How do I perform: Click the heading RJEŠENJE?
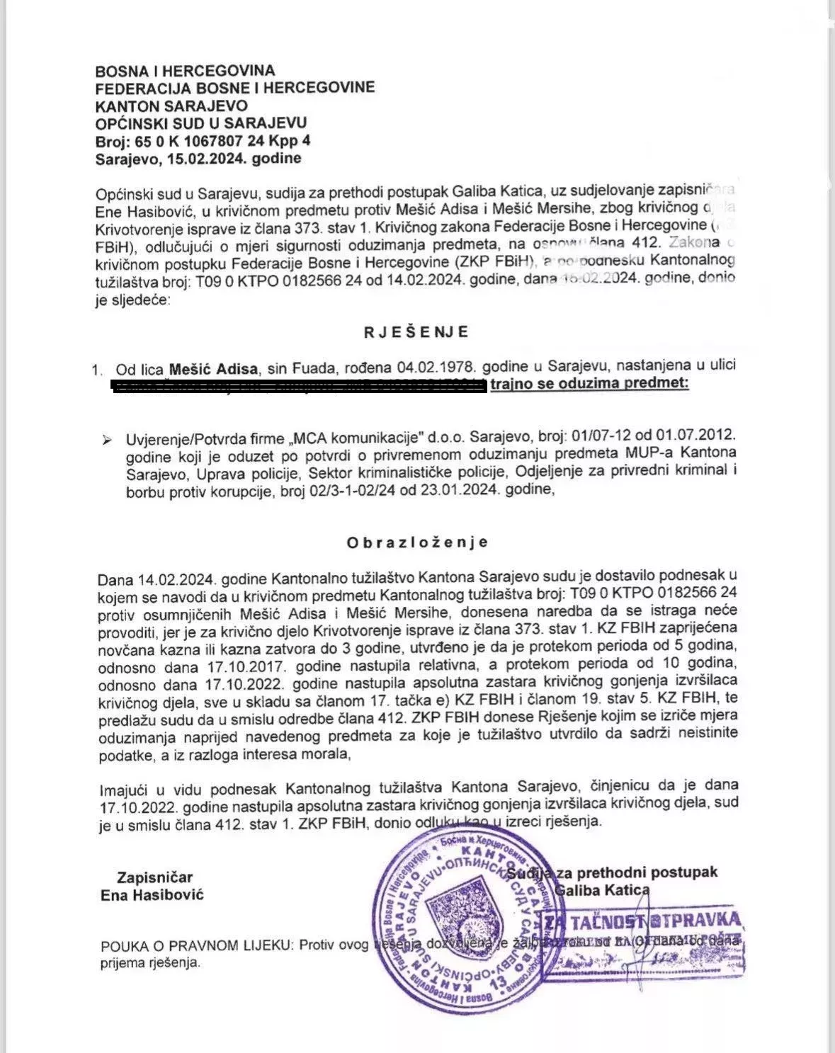[417, 332]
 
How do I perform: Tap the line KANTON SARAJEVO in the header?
[171, 106]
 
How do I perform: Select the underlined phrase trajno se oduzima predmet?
[589, 384]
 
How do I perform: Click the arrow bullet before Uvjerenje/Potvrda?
[108, 440]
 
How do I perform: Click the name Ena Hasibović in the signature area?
[152, 895]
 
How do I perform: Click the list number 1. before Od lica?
[98, 369]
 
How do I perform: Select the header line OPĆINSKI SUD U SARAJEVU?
[201, 123]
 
